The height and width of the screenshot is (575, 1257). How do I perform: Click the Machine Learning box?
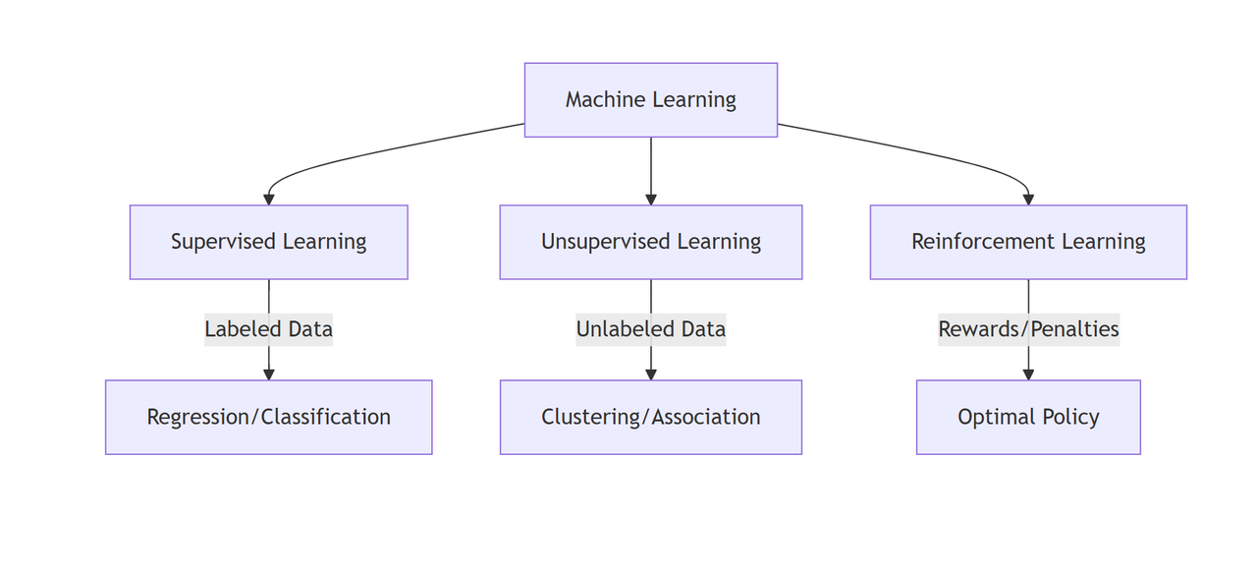coord(650,99)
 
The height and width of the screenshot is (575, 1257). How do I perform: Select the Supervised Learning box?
coord(268,242)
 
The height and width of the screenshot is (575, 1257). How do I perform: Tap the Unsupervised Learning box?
coord(650,242)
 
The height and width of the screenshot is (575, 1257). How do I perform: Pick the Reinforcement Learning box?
coord(1028,242)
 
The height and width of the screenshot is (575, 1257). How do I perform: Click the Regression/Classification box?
coord(268,417)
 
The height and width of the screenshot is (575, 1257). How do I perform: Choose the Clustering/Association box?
coord(650,417)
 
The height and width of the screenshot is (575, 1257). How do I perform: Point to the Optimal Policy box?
coord(1028,417)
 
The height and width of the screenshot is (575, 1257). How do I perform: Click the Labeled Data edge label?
coord(268,329)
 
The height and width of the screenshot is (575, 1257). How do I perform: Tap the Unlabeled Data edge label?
coord(650,329)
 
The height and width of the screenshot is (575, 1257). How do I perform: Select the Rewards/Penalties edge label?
coord(1028,329)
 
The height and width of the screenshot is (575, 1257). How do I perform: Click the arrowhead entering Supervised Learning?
coord(268,200)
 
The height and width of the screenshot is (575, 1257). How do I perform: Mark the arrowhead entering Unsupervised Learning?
coord(650,200)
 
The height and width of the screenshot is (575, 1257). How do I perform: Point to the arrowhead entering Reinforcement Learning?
coord(1028,200)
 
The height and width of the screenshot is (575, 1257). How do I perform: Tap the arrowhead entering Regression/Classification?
coord(268,374)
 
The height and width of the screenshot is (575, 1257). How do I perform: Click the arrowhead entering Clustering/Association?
coord(650,374)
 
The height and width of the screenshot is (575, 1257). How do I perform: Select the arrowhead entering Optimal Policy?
coord(1028,374)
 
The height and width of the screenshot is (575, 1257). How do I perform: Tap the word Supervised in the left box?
coord(223,242)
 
